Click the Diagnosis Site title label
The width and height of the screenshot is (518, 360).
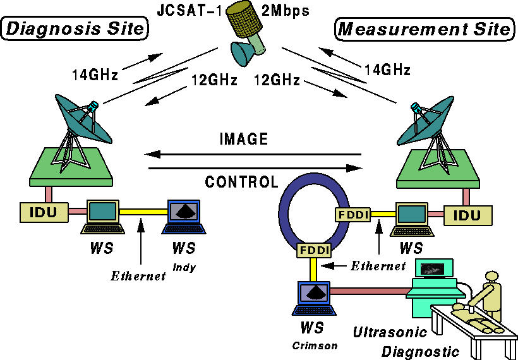(x=75, y=28)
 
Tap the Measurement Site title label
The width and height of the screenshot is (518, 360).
(x=424, y=28)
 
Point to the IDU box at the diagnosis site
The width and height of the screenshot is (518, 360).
(x=44, y=212)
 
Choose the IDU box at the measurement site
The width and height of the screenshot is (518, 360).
(x=467, y=215)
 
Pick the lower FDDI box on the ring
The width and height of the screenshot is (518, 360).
(x=312, y=251)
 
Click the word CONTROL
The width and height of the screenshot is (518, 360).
(x=241, y=183)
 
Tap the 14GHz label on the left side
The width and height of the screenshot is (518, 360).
(x=95, y=76)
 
